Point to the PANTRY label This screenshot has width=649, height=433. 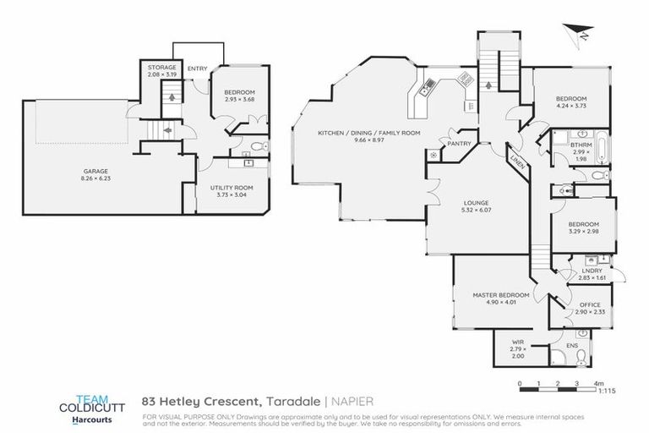pyautogui.click(x=459, y=144)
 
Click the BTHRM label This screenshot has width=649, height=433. pyautogui.click(x=558, y=145)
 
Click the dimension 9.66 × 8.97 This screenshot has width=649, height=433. pyautogui.click(x=369, y=141)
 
